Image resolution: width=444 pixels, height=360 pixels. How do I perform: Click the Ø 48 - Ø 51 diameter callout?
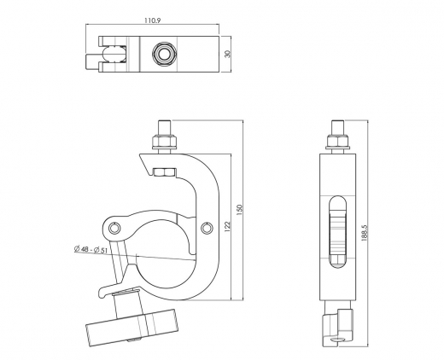[91, 248]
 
